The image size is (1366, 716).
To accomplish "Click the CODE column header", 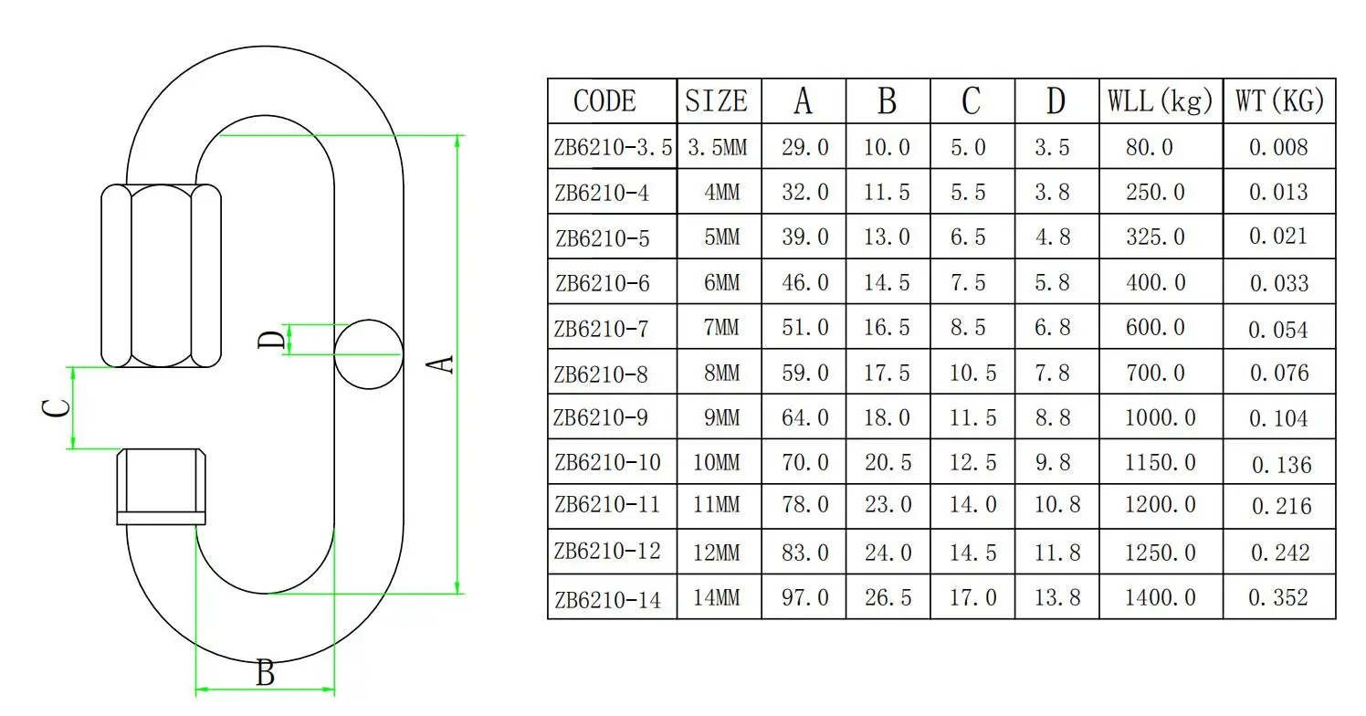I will pos(604,101).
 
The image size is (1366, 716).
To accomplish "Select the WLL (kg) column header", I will pos(1160,100).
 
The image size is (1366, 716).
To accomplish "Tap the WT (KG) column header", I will pos(1279,100).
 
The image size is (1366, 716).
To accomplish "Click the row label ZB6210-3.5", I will pos(612,148).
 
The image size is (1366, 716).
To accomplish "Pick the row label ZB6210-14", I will pos(606,600).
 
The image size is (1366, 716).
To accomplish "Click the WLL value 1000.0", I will pos(1160,417).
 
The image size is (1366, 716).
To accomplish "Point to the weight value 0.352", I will pos(1278,598).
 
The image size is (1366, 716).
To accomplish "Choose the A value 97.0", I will pos(805,598).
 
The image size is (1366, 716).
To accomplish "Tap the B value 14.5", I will pos(887,283).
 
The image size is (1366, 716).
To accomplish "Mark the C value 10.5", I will pos(972,373).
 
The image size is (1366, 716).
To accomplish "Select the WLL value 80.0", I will pos(1149,148).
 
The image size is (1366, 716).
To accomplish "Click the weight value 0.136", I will pos(1281,465).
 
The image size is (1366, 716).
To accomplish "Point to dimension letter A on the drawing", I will pos(442,363).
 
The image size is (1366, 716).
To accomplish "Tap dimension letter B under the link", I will pos(265,674).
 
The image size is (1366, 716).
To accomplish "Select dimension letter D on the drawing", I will pos(270,340).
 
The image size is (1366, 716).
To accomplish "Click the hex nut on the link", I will pos(162,276).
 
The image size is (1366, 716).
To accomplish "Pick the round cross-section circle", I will pos(369,353).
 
